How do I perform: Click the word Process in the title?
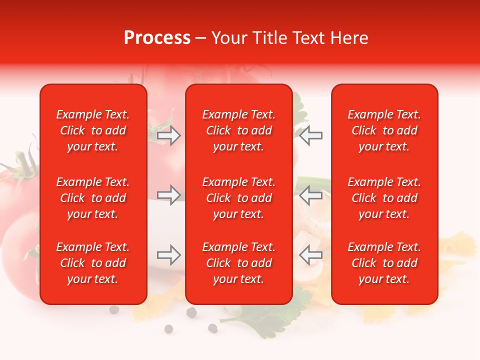coord(157,38)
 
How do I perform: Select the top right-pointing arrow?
coord(169,135)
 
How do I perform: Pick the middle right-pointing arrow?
coord(169,195)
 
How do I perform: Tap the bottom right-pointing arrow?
coord(169,255)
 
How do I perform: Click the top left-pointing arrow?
coord(310,135)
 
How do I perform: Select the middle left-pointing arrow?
coord(310,195)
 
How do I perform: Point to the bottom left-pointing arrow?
coord(310,255)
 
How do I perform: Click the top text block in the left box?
coord(93,130)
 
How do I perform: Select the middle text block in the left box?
coord(93,198)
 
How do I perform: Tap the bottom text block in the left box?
coord(93,263)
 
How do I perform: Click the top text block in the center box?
coord(239,130)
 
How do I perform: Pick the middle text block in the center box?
coord(239,198)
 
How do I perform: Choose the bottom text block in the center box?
coord(239,263)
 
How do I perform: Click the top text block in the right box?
coord(384,130)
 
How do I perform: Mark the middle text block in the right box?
coord(384,198)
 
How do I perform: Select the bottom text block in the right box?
coord(384,263)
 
